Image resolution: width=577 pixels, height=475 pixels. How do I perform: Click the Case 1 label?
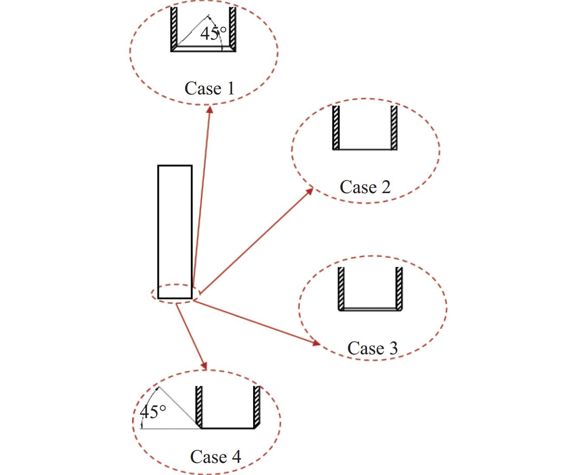pos(210,88)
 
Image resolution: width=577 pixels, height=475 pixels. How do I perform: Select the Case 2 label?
pos(365,187)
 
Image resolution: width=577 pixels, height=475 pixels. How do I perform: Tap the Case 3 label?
pos(373,348)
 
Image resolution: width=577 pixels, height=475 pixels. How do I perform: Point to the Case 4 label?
pos(216,457)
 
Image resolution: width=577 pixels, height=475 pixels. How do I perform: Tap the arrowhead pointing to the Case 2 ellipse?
pos(309,191)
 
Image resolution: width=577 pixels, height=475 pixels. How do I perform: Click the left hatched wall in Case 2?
pos(336,127)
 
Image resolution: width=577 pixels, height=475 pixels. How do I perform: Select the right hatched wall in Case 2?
pos(394,127)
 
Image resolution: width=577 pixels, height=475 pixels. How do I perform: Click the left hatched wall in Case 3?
pos(342,288)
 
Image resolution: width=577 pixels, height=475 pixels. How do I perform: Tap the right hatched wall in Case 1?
pos(233,28)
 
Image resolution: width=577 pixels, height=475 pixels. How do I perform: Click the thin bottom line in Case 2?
pos(365,150)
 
